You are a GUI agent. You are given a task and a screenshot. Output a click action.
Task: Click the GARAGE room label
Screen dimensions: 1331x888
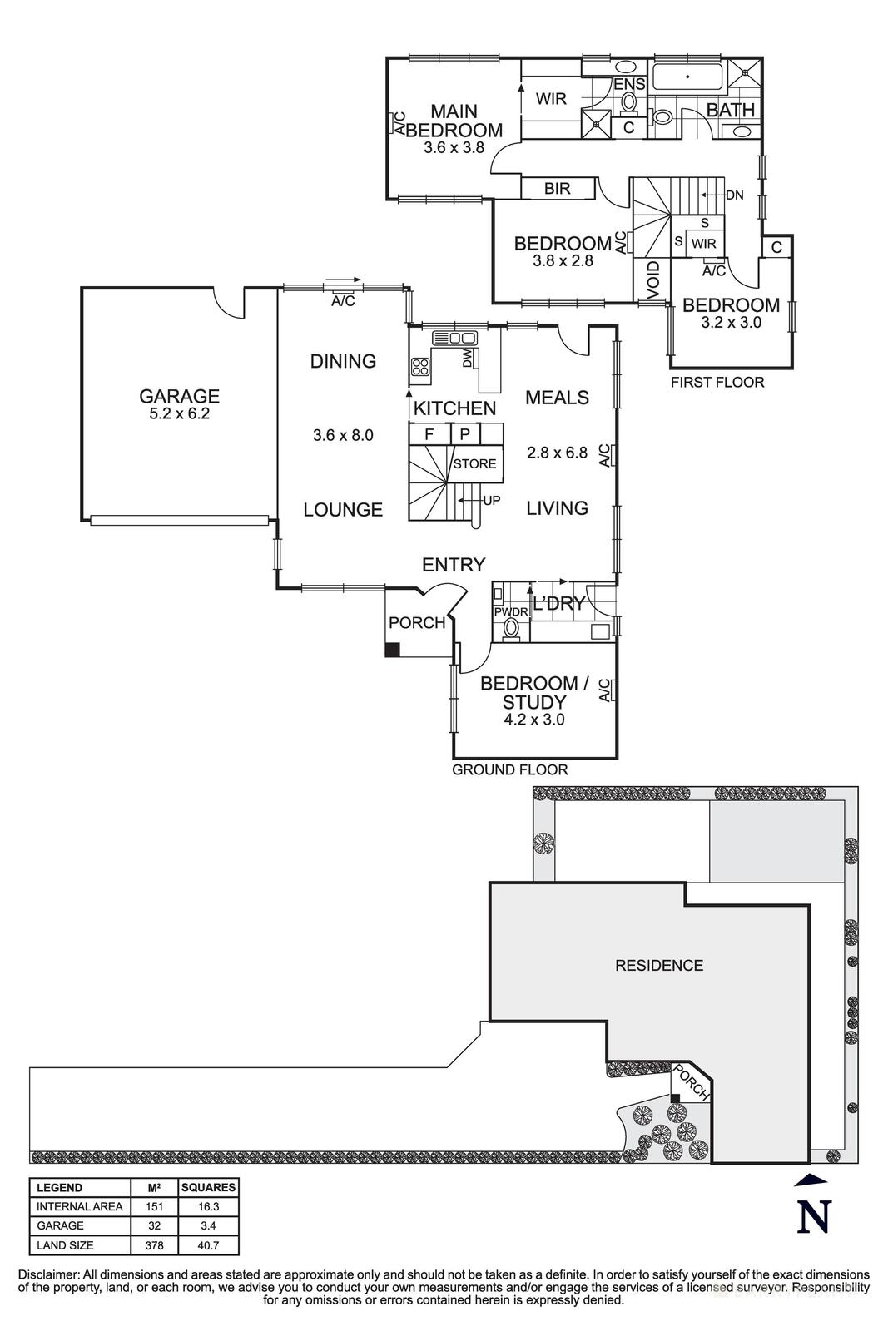tap(179, 397)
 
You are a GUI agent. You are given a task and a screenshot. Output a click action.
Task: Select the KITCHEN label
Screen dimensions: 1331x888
tap(454, 408)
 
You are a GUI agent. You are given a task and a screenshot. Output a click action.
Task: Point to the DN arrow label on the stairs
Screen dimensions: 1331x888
tap(734, 195)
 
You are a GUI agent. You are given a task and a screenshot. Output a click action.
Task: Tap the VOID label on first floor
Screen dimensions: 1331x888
tap(653, 280)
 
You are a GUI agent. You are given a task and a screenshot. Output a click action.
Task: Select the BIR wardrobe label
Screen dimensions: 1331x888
tap(557, 189)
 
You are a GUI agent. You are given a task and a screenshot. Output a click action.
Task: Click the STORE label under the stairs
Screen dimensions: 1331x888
tap(474, 464)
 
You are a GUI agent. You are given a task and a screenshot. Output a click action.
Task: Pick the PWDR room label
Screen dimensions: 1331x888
tap(511, 611)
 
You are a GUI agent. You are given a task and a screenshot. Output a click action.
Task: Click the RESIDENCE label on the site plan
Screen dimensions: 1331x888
tap(659, 965)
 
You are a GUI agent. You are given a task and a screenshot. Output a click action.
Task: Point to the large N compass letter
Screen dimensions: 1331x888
tap(814, 1217)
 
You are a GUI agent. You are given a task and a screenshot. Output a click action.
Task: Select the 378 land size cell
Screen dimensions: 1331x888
tap(153, 1245)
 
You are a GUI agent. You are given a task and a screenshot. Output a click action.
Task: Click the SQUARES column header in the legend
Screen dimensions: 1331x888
tap(209, 1187)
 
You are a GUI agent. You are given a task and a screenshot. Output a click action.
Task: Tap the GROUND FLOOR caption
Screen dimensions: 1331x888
tap(509, 770)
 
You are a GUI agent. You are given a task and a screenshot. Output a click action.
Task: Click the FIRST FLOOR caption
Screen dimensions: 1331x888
tap(717, 383)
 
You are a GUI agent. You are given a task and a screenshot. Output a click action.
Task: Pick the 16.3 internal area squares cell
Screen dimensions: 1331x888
tap(209, 1206)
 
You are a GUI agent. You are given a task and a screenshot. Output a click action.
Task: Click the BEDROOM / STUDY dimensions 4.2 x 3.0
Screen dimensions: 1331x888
tap(533, 720)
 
